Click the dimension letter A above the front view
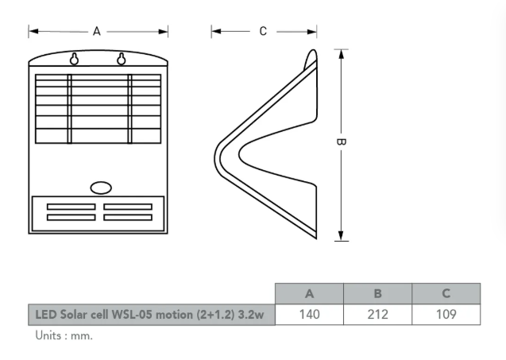[97, 32]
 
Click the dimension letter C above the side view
[263, 32]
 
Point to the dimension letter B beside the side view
[341, 142]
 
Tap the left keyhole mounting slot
[75, 59]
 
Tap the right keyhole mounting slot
[122, 59]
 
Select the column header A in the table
[309, 293]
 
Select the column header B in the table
[377, 293]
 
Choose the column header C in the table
[446, 293]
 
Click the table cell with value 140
[309, 315]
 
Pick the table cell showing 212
[377, 315]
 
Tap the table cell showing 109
[446, 315]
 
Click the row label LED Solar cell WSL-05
[150, 315]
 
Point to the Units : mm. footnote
[64, 335]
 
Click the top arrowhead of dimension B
[341, 54]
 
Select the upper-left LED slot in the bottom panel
[71, 207]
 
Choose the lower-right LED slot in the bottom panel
[127, 217]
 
